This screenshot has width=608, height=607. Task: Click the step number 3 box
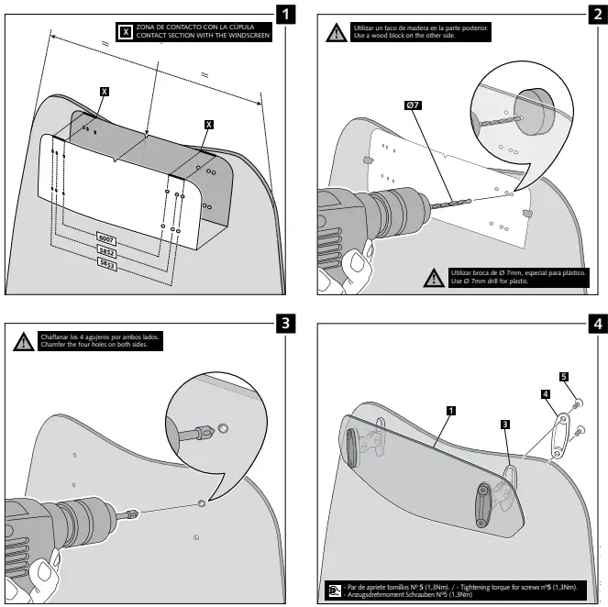(x=287, y=323)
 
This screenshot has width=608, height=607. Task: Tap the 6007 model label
(x=105, y=237)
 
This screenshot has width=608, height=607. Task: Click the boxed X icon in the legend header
(x=126, y=32)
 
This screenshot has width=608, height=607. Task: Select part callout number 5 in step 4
(x=564, y=376)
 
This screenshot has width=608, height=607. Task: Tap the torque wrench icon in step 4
(x=334, y=589)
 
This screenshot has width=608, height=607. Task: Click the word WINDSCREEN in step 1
(x=246, y=37)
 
